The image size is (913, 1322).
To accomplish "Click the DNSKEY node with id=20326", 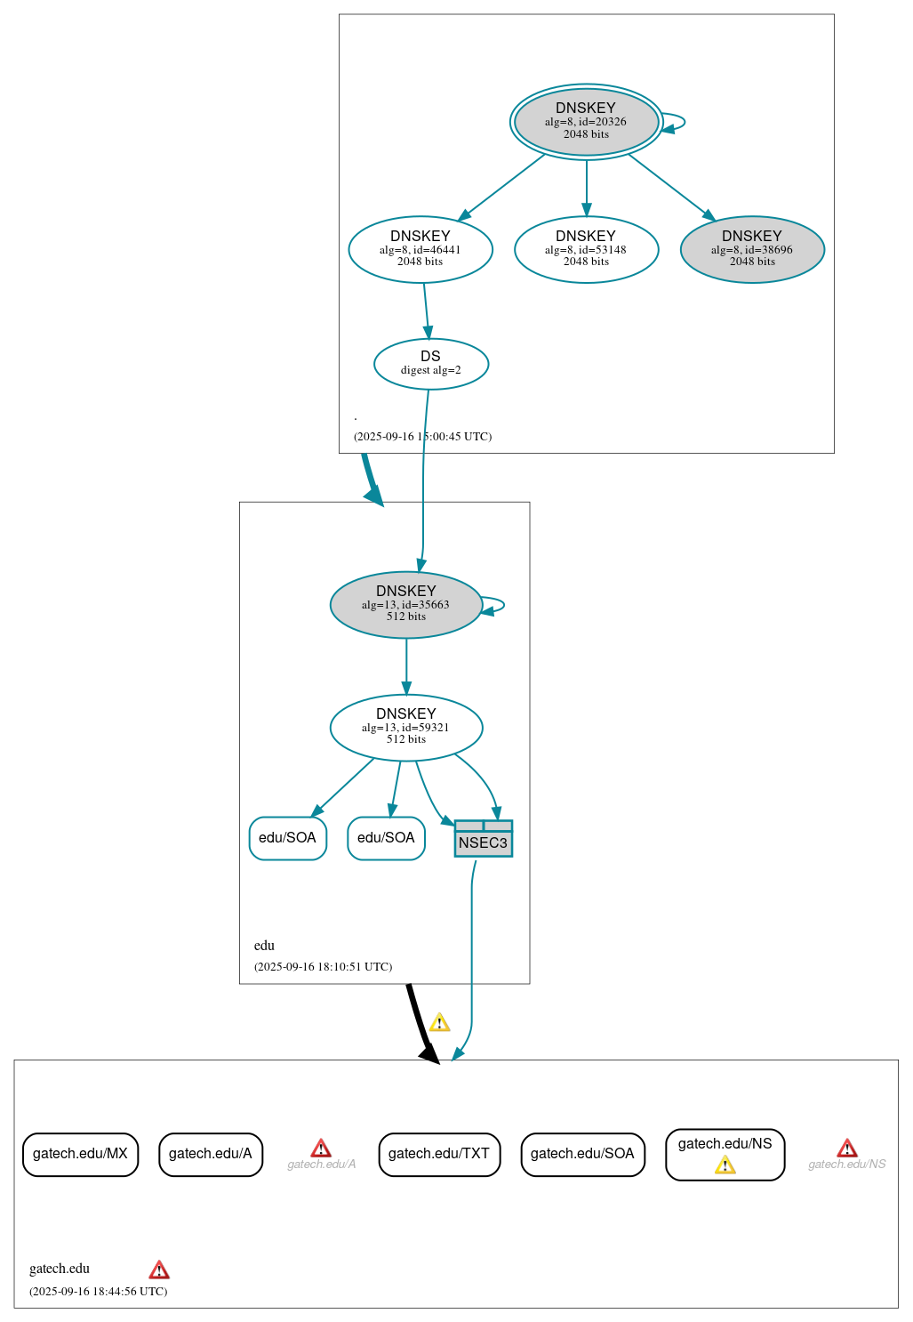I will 586,122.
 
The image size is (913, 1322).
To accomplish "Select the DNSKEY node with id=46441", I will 420,250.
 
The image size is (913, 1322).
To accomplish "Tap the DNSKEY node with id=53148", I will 586,250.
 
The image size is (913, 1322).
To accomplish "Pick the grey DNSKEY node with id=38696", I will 752,250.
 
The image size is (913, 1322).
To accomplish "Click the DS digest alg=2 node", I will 431,364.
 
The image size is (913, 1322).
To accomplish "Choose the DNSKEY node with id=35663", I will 406,605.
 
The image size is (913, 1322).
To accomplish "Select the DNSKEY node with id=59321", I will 406,728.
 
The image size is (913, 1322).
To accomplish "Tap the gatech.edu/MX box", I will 80,1154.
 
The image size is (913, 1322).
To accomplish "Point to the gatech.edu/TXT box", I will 439,1154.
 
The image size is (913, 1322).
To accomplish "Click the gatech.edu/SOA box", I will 582,1154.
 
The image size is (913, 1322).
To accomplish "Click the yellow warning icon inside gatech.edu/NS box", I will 725,1165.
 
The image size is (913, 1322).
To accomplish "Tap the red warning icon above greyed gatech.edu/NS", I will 847,1149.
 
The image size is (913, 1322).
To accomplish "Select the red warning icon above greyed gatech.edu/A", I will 321,1149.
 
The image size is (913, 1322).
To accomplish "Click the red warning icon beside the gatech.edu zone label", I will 159,1270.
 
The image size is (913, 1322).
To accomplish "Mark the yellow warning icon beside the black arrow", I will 439,1023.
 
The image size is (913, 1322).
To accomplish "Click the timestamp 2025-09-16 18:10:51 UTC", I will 323,967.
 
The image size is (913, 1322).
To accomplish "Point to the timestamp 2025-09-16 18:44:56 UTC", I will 98,1292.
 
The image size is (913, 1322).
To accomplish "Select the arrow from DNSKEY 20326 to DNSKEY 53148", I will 586,187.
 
